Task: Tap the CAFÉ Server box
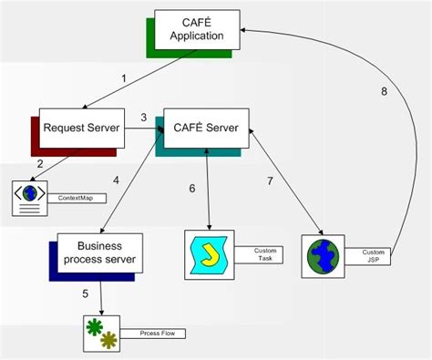coord(205,129)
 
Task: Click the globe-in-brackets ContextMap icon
coord(32,197)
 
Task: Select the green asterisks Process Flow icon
coord(98,333)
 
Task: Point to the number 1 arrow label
coord(124,79)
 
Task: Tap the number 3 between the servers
coord(143,118)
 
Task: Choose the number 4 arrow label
coord(117,180)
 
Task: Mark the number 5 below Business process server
coord(86,293)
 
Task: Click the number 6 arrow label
coord(192,189)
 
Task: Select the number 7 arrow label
coord(270,181)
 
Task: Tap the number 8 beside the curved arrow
coord(385,90)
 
